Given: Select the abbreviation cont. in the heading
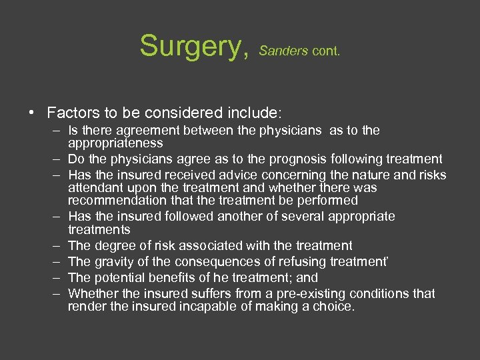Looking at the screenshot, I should click(325, 50).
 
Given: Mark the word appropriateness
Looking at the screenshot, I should click(115, 143).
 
